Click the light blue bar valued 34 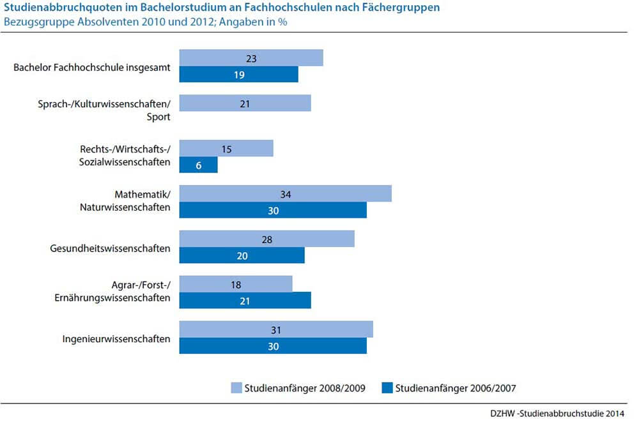285,193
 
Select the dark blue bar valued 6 198,165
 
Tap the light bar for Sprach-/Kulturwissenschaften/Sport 245,103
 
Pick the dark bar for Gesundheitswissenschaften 242,255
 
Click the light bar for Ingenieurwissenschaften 275,329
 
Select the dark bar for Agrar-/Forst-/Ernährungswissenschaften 245,300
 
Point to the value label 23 251,58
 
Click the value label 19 239,74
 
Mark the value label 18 236,284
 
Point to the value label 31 276,329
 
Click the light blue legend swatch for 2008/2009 235,388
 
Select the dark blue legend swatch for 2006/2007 386,388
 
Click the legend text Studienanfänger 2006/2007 456,388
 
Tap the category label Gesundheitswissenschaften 110,248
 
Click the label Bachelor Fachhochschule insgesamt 92,66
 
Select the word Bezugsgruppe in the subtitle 33,22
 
